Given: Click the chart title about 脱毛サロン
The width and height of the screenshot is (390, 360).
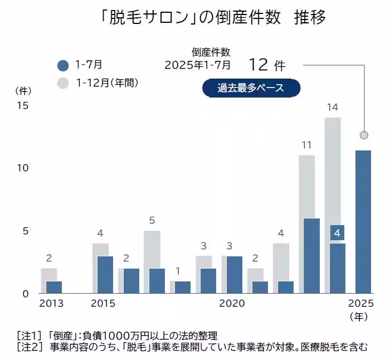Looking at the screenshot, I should pos(210,18).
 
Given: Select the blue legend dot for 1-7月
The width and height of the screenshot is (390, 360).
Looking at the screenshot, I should pos(63,65).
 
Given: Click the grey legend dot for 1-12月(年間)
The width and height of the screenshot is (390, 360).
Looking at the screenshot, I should pos(63,83).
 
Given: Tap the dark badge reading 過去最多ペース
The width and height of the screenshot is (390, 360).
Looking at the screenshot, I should pos(251,88).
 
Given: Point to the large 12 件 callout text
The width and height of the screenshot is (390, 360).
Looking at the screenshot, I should pos(267,65).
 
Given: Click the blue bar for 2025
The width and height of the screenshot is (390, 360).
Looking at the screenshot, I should pos(363,221).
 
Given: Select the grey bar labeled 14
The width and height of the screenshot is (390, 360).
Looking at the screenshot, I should pos(333,178).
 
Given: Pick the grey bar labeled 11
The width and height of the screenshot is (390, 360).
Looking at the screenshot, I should pos(306,187).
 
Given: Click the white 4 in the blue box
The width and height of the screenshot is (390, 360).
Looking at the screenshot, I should pos(337,232).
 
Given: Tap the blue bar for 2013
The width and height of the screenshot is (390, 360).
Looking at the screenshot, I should pos(54,287).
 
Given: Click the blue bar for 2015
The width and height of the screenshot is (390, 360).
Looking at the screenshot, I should pos(105,274).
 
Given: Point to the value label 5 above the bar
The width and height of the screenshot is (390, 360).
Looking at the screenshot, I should pos(152,220).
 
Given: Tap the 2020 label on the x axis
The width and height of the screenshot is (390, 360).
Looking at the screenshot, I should pos(232,304).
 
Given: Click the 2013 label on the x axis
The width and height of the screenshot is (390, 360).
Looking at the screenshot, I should pos(51,304).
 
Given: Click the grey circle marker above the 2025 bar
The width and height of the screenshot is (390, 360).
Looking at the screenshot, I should pos(364,135).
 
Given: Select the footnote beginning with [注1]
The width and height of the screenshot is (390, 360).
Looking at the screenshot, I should pos(117,335).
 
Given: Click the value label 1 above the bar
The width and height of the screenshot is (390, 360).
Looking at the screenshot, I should pos(177,271).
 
